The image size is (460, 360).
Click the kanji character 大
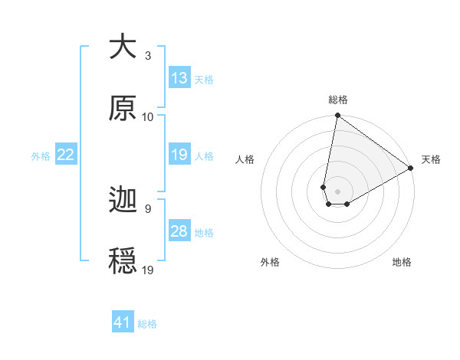(123, 47)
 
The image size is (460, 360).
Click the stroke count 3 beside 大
(148, 56)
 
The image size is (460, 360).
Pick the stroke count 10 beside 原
(148, 117)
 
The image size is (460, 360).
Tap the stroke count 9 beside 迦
(148, 208)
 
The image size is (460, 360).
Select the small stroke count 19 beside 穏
(148, 270)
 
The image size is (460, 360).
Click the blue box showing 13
(179, 78)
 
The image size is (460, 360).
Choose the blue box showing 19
(179, 155)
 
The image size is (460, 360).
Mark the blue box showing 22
(66, 155)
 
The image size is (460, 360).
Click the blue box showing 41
(123, 323)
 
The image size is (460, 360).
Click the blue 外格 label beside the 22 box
(41, 156)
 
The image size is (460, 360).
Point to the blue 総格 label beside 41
(147, 324)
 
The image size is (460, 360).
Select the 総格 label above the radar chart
(337, 100)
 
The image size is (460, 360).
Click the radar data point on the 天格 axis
(411, 169)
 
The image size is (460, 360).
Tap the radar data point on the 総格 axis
(337, 116)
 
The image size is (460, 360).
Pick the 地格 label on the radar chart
(402, 263)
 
